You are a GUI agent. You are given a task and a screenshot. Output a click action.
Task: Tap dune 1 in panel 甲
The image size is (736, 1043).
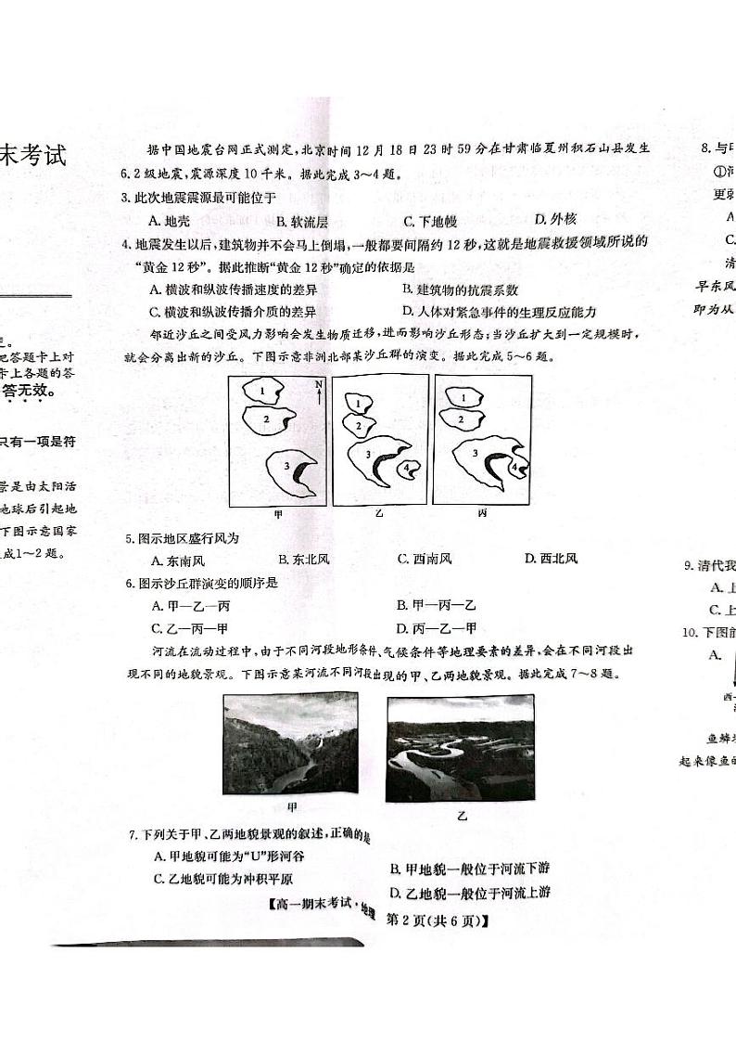[264, 392]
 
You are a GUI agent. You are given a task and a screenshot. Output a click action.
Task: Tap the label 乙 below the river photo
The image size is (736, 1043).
[462, 816]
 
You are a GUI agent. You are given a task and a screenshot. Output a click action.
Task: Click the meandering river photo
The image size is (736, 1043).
[460, 747]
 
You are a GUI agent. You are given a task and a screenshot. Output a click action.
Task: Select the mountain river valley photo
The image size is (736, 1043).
[290, 742]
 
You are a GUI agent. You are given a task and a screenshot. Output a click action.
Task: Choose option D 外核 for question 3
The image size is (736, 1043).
[555, 220]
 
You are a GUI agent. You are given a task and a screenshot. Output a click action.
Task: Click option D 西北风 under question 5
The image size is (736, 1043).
[551, 559]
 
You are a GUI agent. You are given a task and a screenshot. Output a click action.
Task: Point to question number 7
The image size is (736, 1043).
[133, 837]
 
